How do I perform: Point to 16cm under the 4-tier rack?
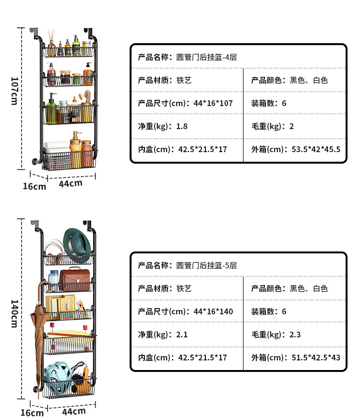[35, 186]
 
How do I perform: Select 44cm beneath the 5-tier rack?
[73, 411]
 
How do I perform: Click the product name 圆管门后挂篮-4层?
[207, 57]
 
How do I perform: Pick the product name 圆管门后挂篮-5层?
[207, 265]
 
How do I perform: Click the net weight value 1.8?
[182, 126]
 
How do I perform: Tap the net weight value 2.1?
[182, 334]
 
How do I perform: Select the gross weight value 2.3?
[295, 334]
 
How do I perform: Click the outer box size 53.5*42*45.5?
[316, 149]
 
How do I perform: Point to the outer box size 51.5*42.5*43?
[316, 358]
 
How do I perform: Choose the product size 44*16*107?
[213, 103]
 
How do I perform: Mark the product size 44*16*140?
[213, 311]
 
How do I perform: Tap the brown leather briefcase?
[74, 279]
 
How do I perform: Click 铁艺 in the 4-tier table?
[184, 80]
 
